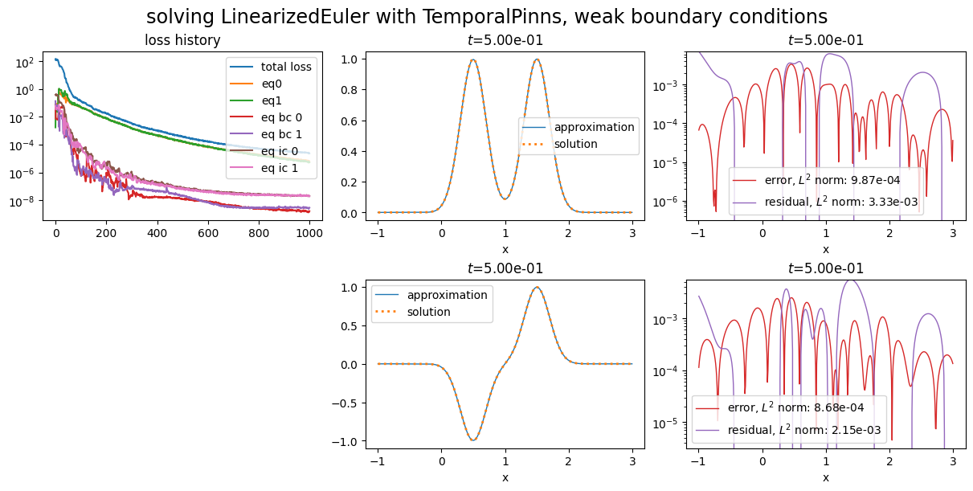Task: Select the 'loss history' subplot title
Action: click(182, 40)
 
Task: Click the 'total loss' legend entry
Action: click(286, 67)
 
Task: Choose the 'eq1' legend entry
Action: click(273, 100)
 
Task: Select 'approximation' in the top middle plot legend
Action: click(594, 127)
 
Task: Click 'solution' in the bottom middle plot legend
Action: click(429, 312)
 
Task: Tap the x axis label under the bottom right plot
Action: click(825, 477)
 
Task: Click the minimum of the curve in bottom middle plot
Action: click(473, 440)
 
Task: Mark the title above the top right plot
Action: click(825, 40)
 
